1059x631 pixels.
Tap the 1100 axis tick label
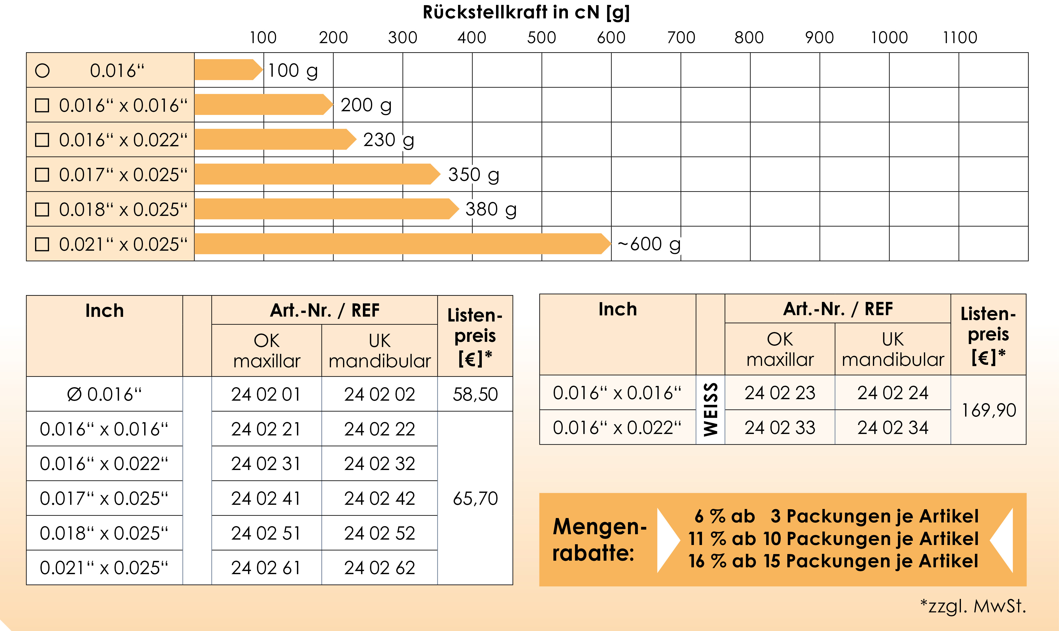point(960,38)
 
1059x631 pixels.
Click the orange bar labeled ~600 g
point(400,244)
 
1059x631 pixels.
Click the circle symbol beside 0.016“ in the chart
point(42,71)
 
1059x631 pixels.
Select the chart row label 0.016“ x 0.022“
point(123,140)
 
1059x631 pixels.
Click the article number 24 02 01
point(266,394)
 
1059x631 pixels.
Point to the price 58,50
point(475,394)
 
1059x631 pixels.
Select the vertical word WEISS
point(711,409)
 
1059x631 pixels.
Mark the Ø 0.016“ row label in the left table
point(104,394)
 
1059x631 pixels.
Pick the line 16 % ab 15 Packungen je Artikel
point(833,561)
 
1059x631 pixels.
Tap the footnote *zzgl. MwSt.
point(973,606)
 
